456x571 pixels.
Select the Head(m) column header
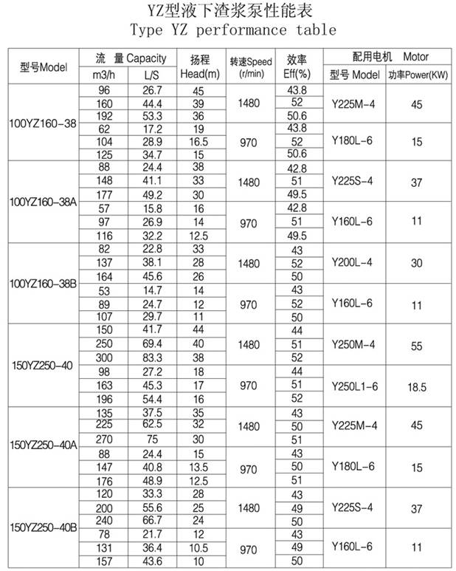coord(199,66)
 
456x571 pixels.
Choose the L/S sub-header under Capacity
coord(150,75)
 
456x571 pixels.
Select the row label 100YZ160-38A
coord(43,201)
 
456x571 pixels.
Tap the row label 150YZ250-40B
coord(43,527)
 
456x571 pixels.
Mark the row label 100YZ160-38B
coord(43,283)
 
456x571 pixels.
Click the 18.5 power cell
coord(417,385)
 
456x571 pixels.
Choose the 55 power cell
coord(417,344)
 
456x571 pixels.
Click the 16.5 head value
coord(199,140)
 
